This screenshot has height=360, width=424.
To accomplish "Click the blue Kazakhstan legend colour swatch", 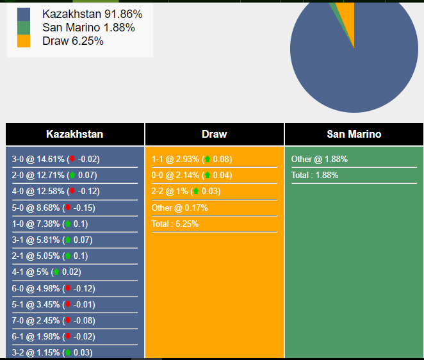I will (24, 14).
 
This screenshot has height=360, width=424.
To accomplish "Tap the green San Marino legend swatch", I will (24, 28).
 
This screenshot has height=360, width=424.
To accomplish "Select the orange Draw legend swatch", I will (24, 41).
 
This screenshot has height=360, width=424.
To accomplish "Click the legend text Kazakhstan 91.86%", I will (92, 14).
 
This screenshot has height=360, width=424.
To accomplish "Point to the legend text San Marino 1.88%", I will (88, 28).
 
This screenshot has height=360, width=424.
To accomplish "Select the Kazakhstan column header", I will (75, 135).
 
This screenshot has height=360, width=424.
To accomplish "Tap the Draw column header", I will (214, 135).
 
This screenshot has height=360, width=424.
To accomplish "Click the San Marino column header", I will (354, 135).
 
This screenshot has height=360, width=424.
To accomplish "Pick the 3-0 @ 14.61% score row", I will (56, 160).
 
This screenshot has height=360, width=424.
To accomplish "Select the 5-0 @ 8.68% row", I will (53, 208).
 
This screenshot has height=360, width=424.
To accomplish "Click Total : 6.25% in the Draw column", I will (175, 224).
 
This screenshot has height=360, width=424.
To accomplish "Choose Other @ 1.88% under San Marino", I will (319, 160).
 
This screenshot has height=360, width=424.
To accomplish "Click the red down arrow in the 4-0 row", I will (72, 192).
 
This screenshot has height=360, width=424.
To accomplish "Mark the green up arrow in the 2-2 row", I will (195, 192).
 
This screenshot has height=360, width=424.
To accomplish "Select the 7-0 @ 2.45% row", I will (53, 321).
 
